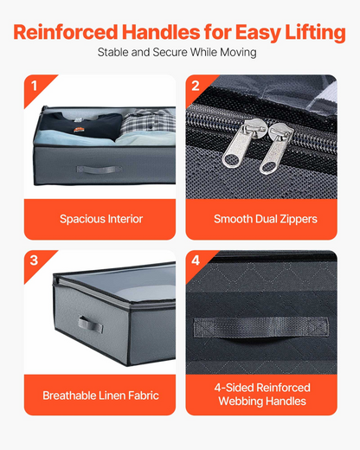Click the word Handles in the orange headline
click(x=161, y=32)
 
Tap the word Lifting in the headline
click(x=315, y=34)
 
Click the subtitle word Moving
click(x=238, y=53)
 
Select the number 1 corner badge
click(x=35, y=86)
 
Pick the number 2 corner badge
click(x=196, y=86)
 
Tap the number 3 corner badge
click(x=34, y=260)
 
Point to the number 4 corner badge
click(x=196, y=260)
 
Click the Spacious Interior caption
click(x=101, y=219)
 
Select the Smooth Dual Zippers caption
click(x=266, y=219)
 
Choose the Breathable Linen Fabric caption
click(x=100, y=395)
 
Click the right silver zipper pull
click(x=276, y=149)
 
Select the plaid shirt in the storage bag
click(x=147, y=123)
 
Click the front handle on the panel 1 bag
click(x=100, y=170)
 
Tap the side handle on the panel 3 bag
click(x=90, y=325)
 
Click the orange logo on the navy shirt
click(x=79, y=130)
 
